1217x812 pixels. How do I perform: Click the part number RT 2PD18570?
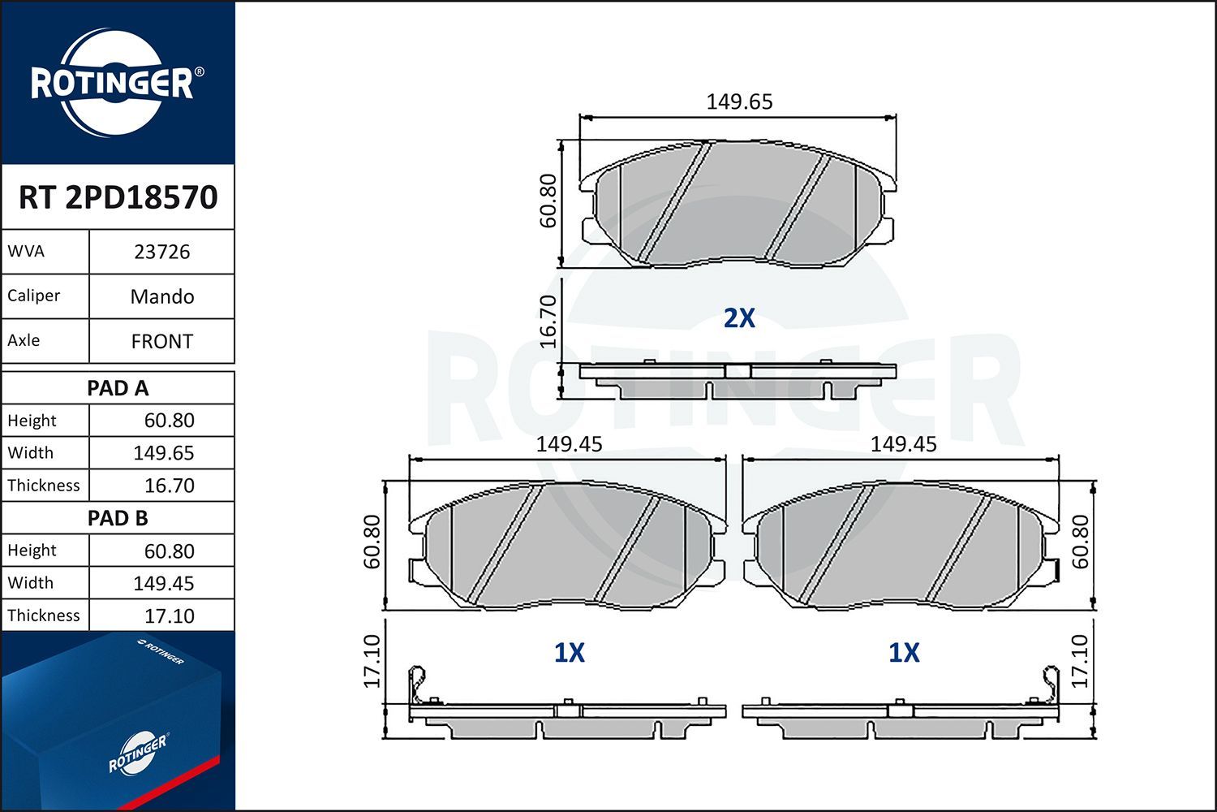tap(118, 197)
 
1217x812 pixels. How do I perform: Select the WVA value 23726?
tap(161, 252)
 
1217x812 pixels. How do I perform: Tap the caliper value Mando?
tap(161, 296)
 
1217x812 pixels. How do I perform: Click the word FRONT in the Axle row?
tap(161, 342)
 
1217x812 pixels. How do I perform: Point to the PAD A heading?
tap(118, 388)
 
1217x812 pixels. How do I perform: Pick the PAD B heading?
tap(118, 518)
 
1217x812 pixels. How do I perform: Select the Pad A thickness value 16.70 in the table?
tap(169, 486)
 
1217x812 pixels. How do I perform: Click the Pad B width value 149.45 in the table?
tap(163, 583)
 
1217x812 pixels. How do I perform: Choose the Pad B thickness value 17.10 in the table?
tap(169, 615)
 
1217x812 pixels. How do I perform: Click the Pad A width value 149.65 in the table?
tap(163, 453)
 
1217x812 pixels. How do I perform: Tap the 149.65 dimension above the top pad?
tap(739, 102)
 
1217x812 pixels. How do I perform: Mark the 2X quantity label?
tap(739, 318)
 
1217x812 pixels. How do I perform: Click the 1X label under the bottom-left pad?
tap(569, 653)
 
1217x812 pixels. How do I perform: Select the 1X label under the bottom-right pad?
tap(904, 653)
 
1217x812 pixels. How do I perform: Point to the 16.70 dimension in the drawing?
tap(549, 321)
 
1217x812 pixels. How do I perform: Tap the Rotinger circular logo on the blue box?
tap(137, 754)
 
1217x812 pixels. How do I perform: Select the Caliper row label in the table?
tap(34, 296)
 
